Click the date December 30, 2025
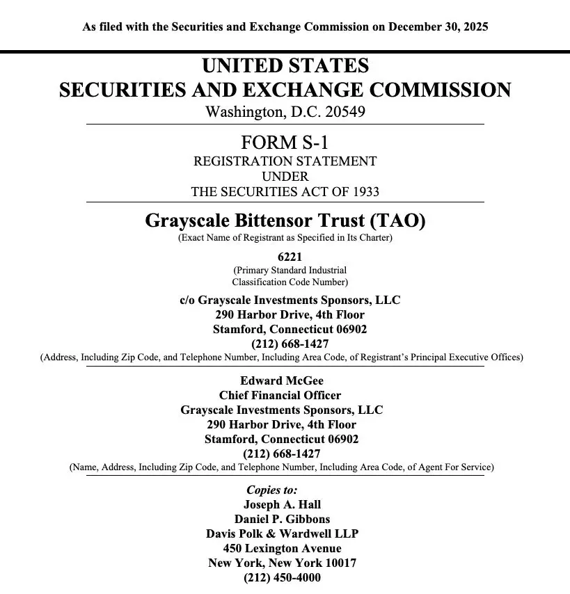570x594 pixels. point(438,27)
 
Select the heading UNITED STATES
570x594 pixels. point(285,67)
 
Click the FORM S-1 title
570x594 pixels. point(285,143)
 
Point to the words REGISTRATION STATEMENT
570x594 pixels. point(285,161)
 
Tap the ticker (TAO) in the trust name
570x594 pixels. point(397,220)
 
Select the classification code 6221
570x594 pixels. point(285,257)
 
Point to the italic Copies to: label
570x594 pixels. point(271,490)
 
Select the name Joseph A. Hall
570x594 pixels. point(282,504)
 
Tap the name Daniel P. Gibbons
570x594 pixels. point(282,519)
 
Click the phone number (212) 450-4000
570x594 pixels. point(282,577)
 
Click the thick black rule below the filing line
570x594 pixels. point(285,51)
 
